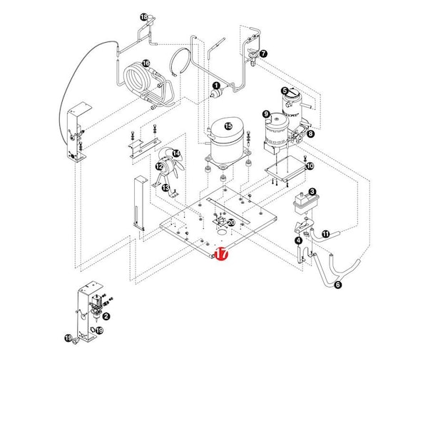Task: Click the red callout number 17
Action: point(220,253)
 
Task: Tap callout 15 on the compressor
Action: point(228,126)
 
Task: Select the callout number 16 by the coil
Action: point(146,63)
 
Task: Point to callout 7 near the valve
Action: point(263,53)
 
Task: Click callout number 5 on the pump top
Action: point(284,91)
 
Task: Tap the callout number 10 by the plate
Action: point(310,166)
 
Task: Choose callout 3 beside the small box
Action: point(312,191)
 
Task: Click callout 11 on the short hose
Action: point(325,234)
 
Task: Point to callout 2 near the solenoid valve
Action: point(106,316)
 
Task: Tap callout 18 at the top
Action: point(143,17)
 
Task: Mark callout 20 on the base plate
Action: point(230,223)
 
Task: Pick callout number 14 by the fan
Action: point(176,153)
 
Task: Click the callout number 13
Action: point(165,188)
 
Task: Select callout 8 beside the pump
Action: point(310,133)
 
